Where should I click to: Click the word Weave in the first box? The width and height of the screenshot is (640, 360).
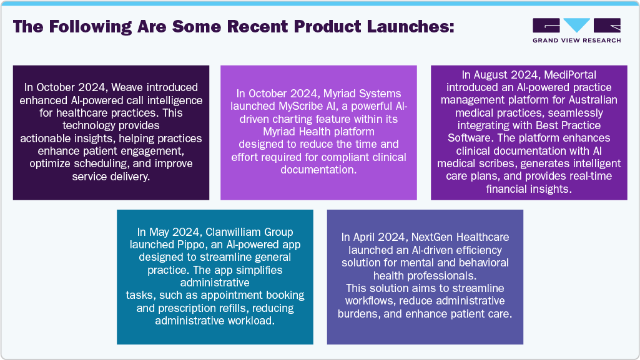(x=127, y=87)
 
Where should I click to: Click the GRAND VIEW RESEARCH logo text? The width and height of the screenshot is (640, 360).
(x=577, y=41)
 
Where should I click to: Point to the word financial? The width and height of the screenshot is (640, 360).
(x=505, y=189)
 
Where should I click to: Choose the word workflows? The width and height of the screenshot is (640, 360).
(x=370, y=301)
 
